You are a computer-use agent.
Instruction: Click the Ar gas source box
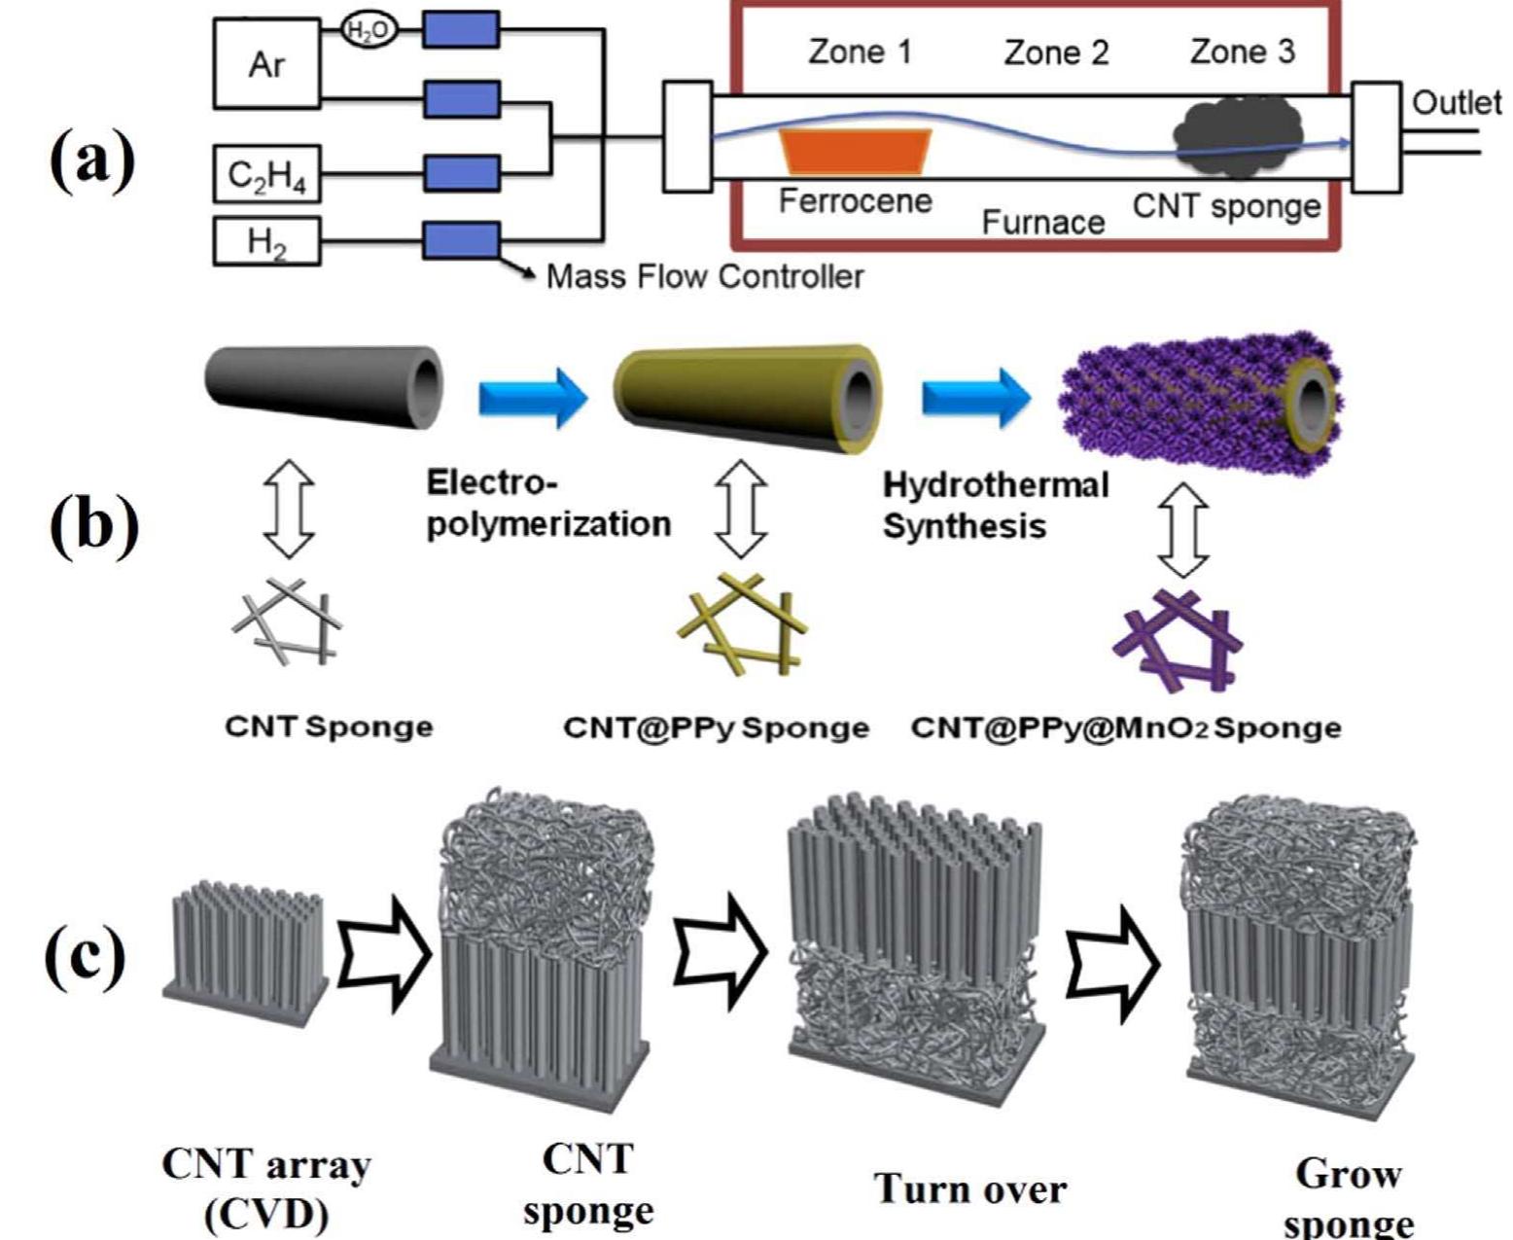click(x=266, y=64)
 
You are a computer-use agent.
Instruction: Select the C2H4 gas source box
click(x=266, y=176)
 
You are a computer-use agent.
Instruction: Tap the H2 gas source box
click(x=266, y=240)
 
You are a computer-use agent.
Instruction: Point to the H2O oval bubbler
click(x=369, y=31)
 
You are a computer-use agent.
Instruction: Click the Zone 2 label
click(x=1056, y=52)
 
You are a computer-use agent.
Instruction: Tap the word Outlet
click(x=1456, y=102)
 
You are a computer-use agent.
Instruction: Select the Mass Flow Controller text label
click(x=705, y=277)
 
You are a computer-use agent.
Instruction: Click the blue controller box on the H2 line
click(x=461, y=239)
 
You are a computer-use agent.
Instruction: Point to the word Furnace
click(x=1042, y=223)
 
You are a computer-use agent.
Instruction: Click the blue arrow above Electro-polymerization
click(x=534, y=398)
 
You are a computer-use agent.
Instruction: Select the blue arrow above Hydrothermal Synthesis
click(x=975, y=398)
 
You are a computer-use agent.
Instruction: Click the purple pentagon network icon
click(x=1179, y=639)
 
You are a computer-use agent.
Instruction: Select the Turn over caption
click(x=969, y=1188)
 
